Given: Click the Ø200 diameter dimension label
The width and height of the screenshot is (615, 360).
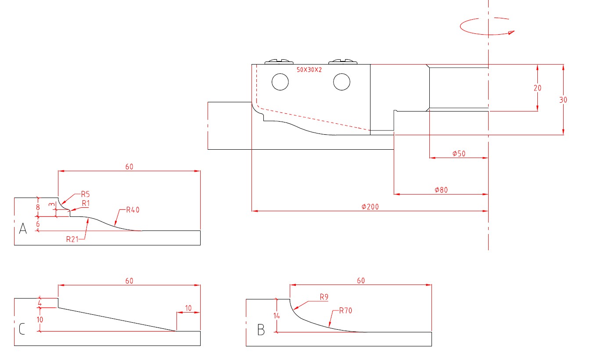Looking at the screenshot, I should (370, 207).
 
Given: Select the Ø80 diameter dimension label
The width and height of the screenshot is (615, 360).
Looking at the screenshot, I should (441, 190).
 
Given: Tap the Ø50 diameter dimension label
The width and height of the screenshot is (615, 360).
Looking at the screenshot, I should (459, 154).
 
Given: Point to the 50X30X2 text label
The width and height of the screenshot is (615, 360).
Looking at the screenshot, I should (309, 70).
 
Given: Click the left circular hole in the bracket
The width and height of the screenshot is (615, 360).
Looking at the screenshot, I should (280, 82).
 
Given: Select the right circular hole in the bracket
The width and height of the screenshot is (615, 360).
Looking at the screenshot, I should (342, 82).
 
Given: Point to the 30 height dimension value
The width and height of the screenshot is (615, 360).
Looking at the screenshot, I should (563, 100).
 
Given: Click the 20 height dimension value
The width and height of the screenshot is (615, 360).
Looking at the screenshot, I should (537, 88).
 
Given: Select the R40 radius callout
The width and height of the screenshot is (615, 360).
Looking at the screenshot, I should (133, 210).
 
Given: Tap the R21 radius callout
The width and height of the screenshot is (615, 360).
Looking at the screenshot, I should (73, 239).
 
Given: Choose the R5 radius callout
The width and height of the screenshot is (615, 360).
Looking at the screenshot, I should (85, 194).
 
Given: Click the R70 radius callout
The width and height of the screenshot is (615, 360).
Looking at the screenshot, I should (345, 311).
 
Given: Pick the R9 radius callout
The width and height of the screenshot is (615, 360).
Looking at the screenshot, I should (324, 297).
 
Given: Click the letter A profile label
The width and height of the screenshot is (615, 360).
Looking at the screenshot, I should (23, 228).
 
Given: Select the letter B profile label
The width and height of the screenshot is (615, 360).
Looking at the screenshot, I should (261, 330).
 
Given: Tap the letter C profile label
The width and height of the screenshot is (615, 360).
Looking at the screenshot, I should (22, 329).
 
